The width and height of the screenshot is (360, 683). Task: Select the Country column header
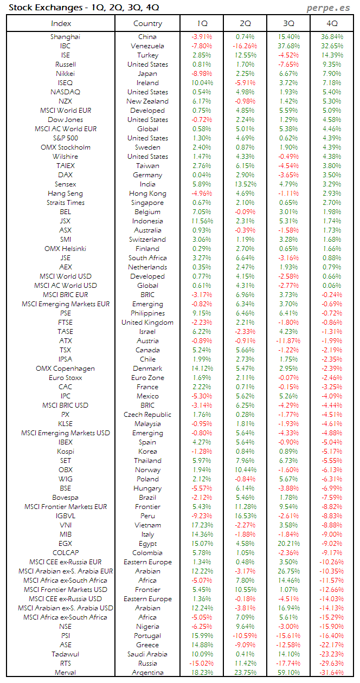coord(147,23)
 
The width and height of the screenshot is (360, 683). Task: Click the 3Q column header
coord(288,23)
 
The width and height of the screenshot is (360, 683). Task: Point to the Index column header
coord(61,23)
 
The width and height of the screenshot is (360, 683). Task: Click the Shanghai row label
coord(65,37)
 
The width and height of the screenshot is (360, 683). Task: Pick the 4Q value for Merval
coord(332,672)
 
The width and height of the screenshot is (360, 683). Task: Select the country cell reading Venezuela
coord(147,46)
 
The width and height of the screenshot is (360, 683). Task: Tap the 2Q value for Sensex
coord(245,184)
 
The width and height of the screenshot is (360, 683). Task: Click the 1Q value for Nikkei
coord(201,74)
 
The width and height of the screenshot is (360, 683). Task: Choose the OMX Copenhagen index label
coord(65,369)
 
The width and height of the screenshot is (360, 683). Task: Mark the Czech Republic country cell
coord(147,415)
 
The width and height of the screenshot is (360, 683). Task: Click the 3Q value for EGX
coord(288,544)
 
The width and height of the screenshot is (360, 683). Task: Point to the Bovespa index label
coord(65,498)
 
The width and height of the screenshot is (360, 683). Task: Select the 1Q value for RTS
coord(201,663)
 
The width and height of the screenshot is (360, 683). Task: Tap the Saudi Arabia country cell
coord(147,654)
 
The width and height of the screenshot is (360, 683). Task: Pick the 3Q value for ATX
coord(288,341)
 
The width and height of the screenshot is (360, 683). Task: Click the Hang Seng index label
coord(65,194)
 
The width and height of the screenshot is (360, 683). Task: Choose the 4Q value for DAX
coord(332,175)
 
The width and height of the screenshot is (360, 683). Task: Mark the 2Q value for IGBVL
coord(245,516)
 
